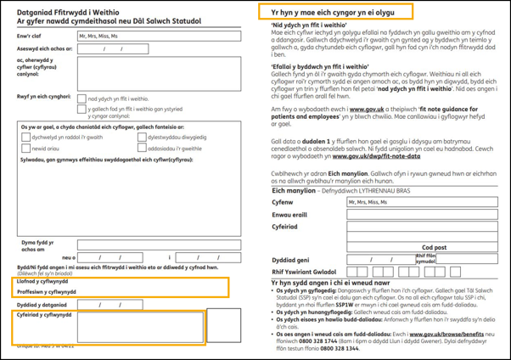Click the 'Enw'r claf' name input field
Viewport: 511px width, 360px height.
click(159, 37)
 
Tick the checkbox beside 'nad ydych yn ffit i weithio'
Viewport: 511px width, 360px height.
click(82, 98)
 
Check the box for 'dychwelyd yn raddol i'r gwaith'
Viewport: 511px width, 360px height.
click(26, 137)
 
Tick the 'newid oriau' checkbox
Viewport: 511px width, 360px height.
click(26, 148)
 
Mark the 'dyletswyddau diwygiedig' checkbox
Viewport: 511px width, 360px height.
click(142, 137)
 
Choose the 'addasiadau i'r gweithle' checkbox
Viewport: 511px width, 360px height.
click(142, 148)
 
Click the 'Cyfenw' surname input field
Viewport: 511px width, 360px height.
click(422, 203)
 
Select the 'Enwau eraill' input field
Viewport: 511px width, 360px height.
click(422, 215)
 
